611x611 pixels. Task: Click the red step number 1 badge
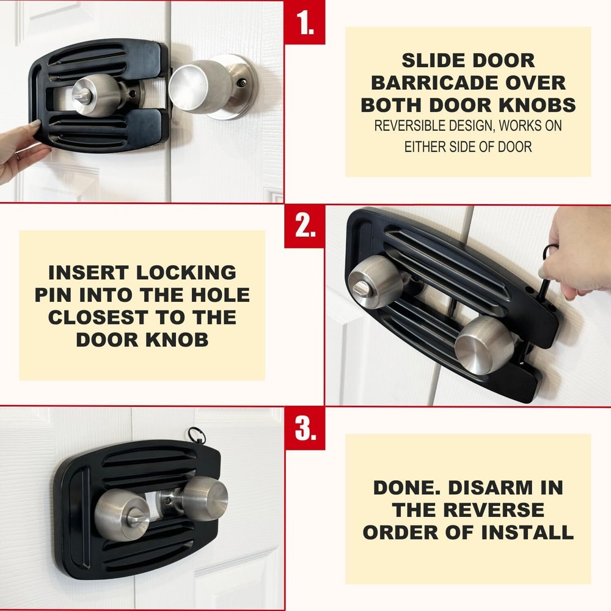pos(304,22)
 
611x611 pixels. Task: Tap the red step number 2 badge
pos(304,225)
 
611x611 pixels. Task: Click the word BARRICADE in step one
pos(468,82)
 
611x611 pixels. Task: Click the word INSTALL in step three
pos(524,532)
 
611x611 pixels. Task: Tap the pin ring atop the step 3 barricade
pos(196,434)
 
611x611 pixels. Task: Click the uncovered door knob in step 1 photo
pos(202,87)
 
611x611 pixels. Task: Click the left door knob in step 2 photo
pos(375,282)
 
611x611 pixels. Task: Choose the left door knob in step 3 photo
pos(122,514)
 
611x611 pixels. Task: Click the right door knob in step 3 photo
pos(204,498)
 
